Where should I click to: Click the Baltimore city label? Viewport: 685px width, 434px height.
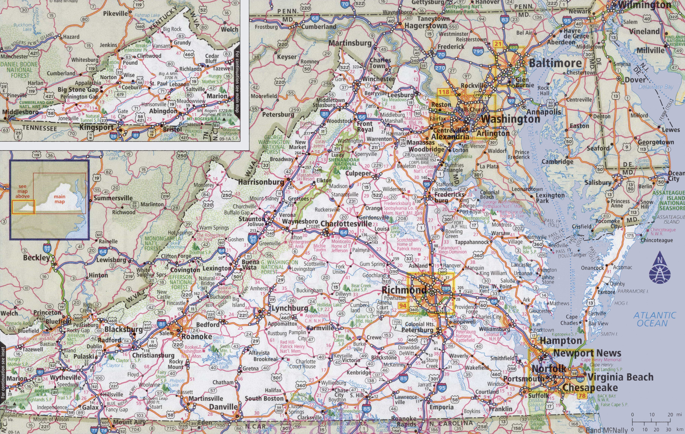click(x=555, y=63)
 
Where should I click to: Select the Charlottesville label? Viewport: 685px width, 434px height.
click(x=346, y=224)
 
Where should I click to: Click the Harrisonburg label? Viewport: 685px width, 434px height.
click(x=261, y=182)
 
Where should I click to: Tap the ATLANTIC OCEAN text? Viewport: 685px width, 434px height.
click(x=654, y=319)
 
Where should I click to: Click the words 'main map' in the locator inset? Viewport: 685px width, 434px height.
click(x=60, y=199)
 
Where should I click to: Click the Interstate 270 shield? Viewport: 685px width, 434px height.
click(x=440, y=68)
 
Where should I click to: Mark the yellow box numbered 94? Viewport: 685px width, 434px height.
click(x=403, y=306)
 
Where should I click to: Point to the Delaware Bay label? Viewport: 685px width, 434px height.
click(x=656, y=87)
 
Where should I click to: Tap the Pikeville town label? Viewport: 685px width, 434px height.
click(x=116, y=13)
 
